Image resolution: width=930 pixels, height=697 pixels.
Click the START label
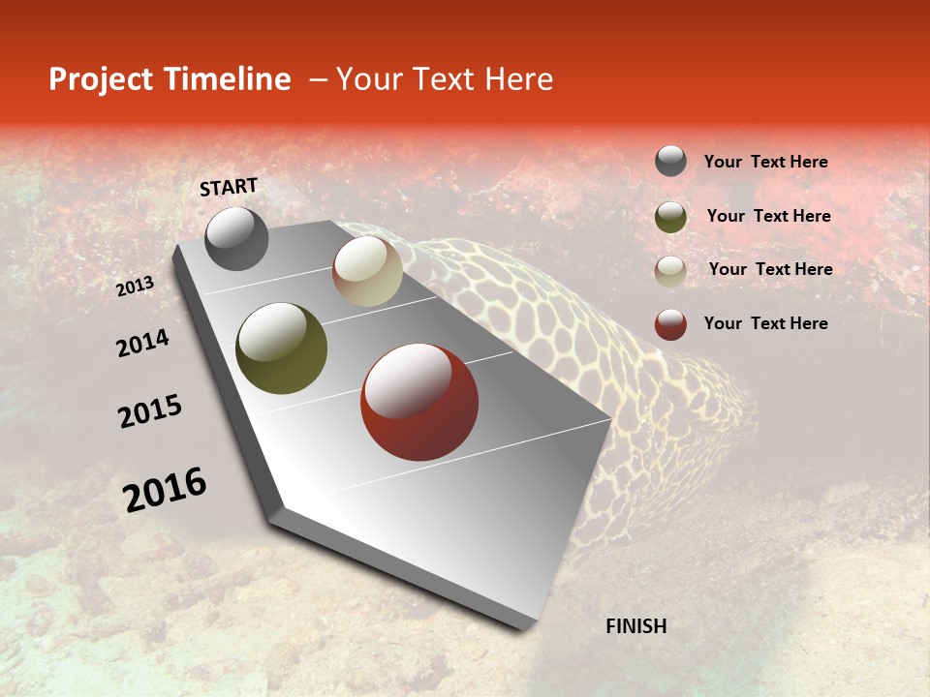[x=229, y=187]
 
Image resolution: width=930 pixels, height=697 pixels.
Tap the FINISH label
[x=635, y=626]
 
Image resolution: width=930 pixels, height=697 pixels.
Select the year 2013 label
[x=136, y=287]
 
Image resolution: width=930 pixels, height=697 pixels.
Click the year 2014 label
[x=142, y=343]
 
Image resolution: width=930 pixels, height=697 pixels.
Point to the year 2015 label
[x=150, y=411]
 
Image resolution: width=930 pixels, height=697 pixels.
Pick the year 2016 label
[x=165, y=490]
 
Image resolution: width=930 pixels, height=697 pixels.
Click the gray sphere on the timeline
[x=236, y=238]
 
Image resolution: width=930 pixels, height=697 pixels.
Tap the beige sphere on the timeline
[x=367, y=271]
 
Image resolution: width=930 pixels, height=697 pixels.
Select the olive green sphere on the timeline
[x=281, y=348]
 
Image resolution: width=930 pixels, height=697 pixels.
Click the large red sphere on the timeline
[x=419, y=402]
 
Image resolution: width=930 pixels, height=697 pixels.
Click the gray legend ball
[x=670, y=162]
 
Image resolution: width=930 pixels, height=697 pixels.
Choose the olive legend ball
[x=670, y=216]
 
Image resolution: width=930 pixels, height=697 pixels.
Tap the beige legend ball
[x=670, y=270]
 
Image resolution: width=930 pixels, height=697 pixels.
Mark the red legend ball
[x=670, y=324]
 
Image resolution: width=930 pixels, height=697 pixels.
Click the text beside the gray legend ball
[x=765, y=163]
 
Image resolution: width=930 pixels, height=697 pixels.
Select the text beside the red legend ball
[x=765, y=323]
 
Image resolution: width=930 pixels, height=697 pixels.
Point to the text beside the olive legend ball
[x=768, y=216]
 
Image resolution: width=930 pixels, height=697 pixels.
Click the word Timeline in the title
[x=229, y=79]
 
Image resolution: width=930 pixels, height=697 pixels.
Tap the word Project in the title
[x=100, y=79]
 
